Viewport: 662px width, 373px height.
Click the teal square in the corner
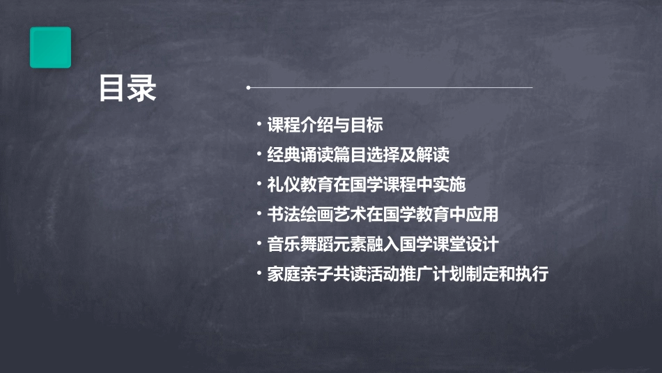(x=50, y=47)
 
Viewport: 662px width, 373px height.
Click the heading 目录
(x=128, y=89)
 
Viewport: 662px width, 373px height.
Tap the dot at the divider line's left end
(x=249, y=88)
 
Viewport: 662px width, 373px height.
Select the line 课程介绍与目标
(x=325, y=125)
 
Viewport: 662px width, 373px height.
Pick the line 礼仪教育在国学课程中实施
(x=366, y=185)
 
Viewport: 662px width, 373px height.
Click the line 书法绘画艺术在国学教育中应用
(x=383, y=214)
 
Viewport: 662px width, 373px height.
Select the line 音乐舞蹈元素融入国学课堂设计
(x=383, y=244)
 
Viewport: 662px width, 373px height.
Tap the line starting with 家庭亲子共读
(x=408, y=274)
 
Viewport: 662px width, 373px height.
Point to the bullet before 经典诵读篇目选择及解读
(x=259, y=154)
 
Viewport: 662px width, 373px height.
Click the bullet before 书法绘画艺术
(x=259, y=213)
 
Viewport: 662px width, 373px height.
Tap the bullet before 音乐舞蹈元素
(x=259, y=243)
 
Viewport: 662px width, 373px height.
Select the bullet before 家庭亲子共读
(x=259, y=273)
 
